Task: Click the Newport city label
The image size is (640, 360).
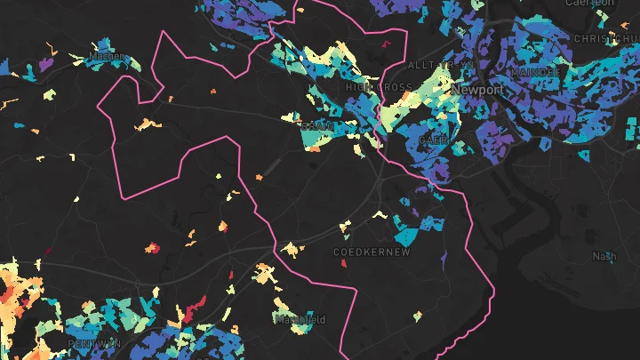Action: tap(478, 91)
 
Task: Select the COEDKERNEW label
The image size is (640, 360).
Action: tap(372, 252)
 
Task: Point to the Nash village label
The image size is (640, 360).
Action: tap(604, 256)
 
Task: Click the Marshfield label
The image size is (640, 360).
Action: tap(300, 319)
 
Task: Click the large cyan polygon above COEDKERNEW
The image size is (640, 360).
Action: tap(407, 235)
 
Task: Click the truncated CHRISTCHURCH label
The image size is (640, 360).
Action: tap(605, 39)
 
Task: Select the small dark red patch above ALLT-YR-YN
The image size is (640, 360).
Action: tap(386, 42)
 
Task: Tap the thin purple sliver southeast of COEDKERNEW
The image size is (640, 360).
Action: tap(443, 258)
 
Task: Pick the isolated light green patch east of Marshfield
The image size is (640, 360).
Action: tap(417, 316)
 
